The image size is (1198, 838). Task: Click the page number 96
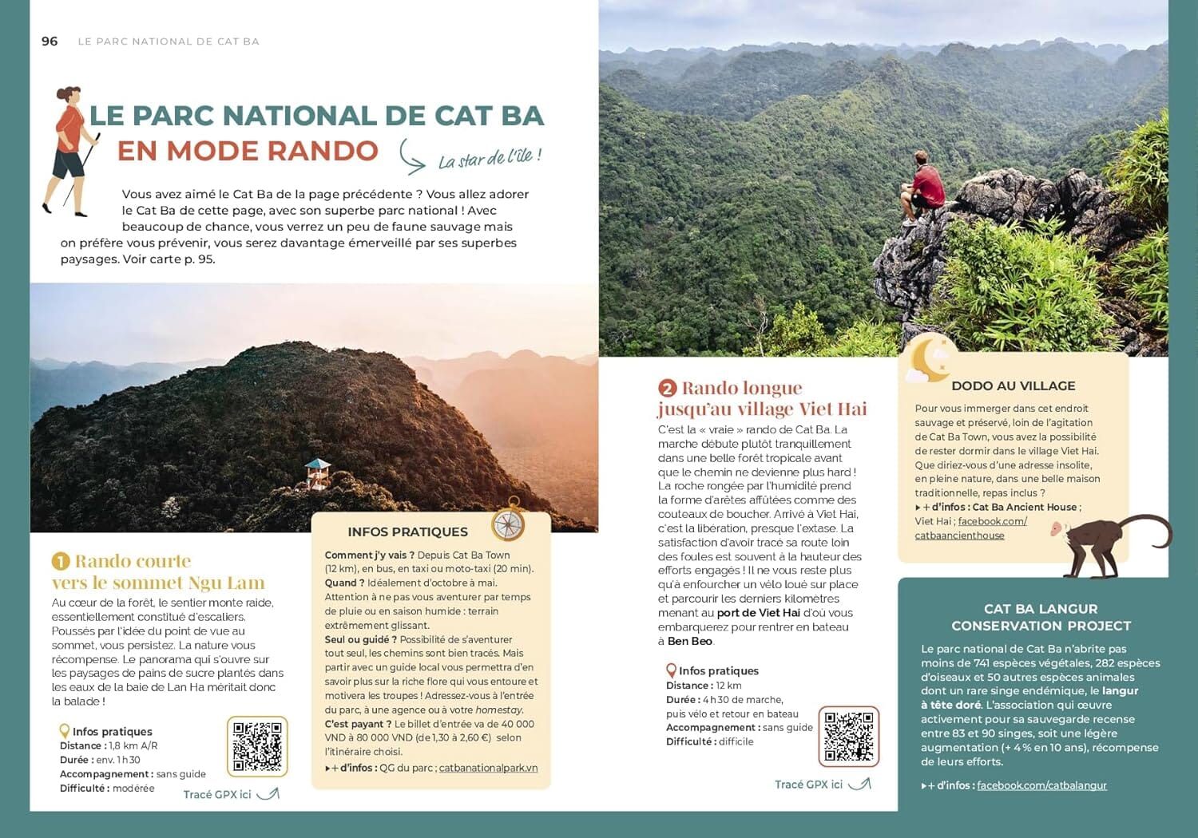tap(50, 42)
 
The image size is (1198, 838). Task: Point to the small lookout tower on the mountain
tap(317, 473)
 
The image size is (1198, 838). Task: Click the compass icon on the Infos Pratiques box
tap(508, 523)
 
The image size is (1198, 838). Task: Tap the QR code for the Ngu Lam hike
tap(257, 747)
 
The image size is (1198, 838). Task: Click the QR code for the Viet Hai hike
tap(848, 736)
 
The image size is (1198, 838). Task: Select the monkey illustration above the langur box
tap(1110, 543)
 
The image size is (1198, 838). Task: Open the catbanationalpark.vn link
tap(488, 768)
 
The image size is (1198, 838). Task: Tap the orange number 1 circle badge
tap(61, 561)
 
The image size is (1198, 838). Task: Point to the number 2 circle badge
tap(667, 389)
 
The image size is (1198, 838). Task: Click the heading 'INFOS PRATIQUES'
tap(407, 532)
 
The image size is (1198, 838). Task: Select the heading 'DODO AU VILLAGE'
tap(1013, 385)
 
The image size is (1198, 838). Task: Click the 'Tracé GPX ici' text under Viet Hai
tap(808, 785)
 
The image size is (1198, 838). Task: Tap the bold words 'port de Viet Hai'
tap(758, 613)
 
